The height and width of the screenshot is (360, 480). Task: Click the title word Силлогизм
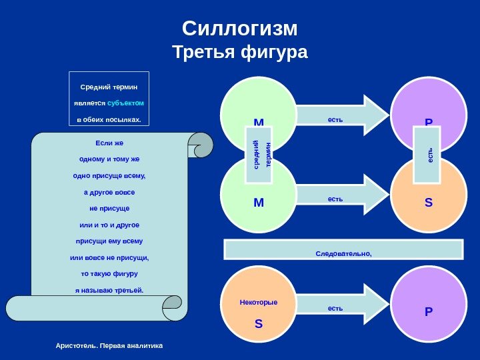(x=239, y=29)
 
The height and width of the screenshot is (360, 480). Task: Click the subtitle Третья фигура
(x=239, y=52)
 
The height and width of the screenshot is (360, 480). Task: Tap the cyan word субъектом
(x=125, y=103)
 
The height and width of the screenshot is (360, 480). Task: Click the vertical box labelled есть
(x=427, y=155)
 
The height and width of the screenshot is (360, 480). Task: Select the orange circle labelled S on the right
(x=429, y=200)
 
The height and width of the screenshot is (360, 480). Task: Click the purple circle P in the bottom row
(x=429, y=308)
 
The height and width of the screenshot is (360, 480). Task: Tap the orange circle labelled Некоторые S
(x=259, y=313)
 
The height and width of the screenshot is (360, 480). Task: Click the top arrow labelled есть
(x=340, y=115)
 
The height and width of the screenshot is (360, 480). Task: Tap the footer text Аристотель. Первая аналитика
(x=109, y=346)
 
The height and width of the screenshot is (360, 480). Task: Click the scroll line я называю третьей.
(x=109, y=290)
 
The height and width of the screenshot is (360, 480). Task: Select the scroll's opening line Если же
(x=109, y=143)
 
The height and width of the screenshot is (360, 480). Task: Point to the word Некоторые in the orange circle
(x=259, y=303)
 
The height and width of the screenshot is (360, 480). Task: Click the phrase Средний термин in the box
(x=109, y=87)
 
